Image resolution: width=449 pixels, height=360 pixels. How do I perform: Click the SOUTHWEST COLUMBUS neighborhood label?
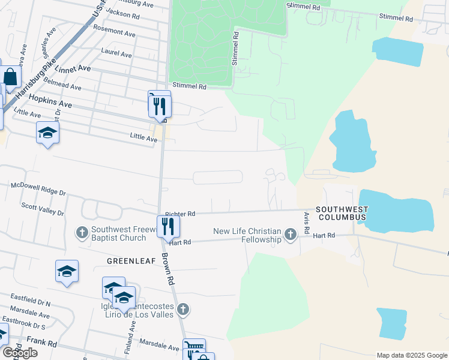pos(342,212)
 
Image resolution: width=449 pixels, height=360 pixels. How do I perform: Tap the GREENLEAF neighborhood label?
pos(131,261)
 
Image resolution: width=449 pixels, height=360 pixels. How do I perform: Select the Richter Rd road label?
pos(180,214)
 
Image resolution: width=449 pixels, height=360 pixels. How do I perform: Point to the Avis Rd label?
pos(306,223)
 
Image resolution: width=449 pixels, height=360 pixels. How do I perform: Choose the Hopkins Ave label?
pos(50,100)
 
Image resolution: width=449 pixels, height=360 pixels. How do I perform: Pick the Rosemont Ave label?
pos(115,32)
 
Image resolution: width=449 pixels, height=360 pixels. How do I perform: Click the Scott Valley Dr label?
pos(43,208)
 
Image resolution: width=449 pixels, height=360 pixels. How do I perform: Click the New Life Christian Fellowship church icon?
pos(291,234)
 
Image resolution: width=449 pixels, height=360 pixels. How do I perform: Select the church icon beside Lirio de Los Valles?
pos(184,310)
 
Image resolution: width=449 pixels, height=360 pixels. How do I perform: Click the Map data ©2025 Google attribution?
pos(412,355)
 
